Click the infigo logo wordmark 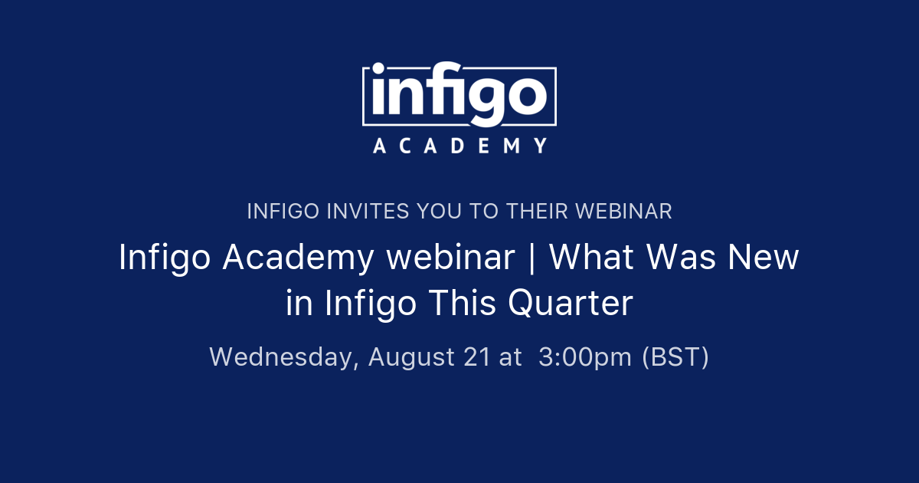(x=459, y=95)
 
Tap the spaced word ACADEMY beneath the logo (x=459, y=146)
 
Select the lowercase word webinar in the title (x=450, y=258)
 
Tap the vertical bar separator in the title (x=531, y=258)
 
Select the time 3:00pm (x=585, y=358)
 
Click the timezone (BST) (x=675, y=358)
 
